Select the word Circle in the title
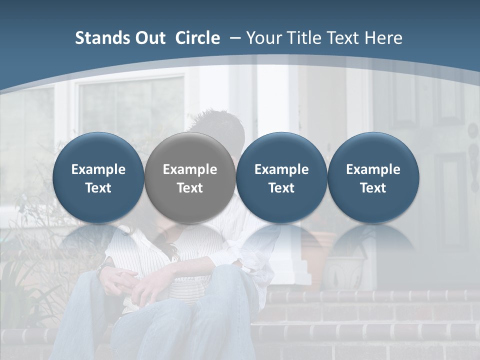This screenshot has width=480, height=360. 197,38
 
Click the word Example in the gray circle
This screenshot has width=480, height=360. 190,169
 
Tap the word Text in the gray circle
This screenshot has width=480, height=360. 190,188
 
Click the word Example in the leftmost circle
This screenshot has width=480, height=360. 98,169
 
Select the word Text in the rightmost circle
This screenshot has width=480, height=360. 373,188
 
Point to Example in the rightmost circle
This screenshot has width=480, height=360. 373,169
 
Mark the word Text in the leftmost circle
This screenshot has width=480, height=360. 98,188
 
